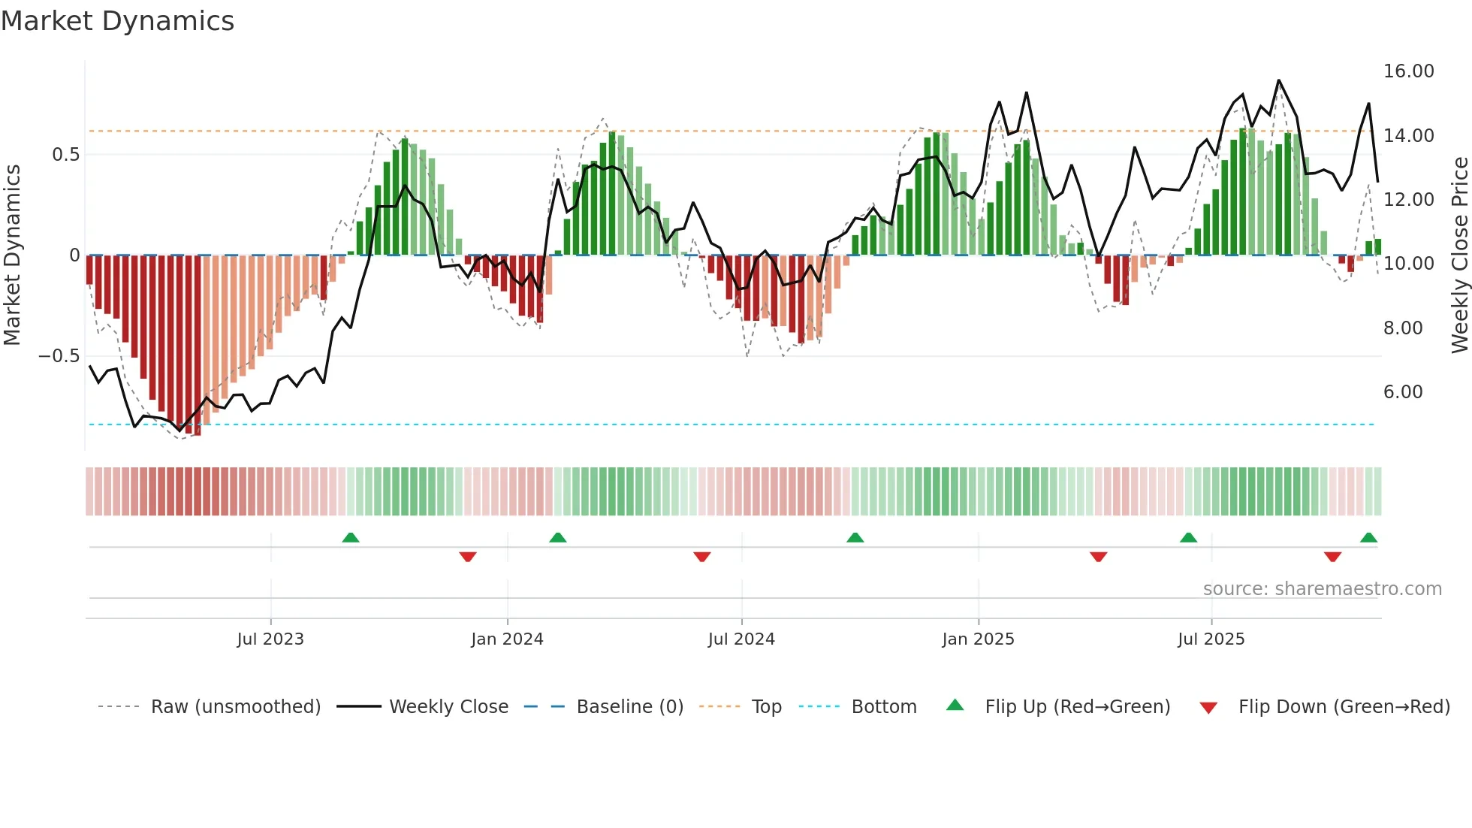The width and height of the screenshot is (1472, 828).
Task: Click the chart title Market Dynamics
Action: tap(118, 21)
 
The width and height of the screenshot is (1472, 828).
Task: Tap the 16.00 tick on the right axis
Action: tap(1408, 71)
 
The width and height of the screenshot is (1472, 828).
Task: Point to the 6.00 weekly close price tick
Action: tap(1402, 392)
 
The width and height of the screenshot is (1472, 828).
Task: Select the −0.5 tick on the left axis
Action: tap(59, 356)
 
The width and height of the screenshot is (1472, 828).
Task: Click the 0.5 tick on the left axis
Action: tap(65, 155)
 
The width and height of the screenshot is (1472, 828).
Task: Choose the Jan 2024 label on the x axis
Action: tap(507, 639)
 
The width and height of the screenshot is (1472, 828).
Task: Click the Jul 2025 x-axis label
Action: tap(1211, 639)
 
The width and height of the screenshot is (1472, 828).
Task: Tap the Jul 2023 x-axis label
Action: tap(270, 639)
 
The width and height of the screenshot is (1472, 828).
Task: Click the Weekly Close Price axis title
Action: tap(1459, 255)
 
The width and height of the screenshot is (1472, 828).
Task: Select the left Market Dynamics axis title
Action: tap(12, 255)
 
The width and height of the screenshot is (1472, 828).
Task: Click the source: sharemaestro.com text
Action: tap(1322, 589)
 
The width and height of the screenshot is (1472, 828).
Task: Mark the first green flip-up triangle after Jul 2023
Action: tap(351, 537)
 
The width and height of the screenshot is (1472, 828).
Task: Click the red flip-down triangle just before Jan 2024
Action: tap(468, 557)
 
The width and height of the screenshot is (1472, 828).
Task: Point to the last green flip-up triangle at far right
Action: tap(1368, 537)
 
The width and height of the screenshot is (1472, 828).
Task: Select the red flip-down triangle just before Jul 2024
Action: tap(702, 557)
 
